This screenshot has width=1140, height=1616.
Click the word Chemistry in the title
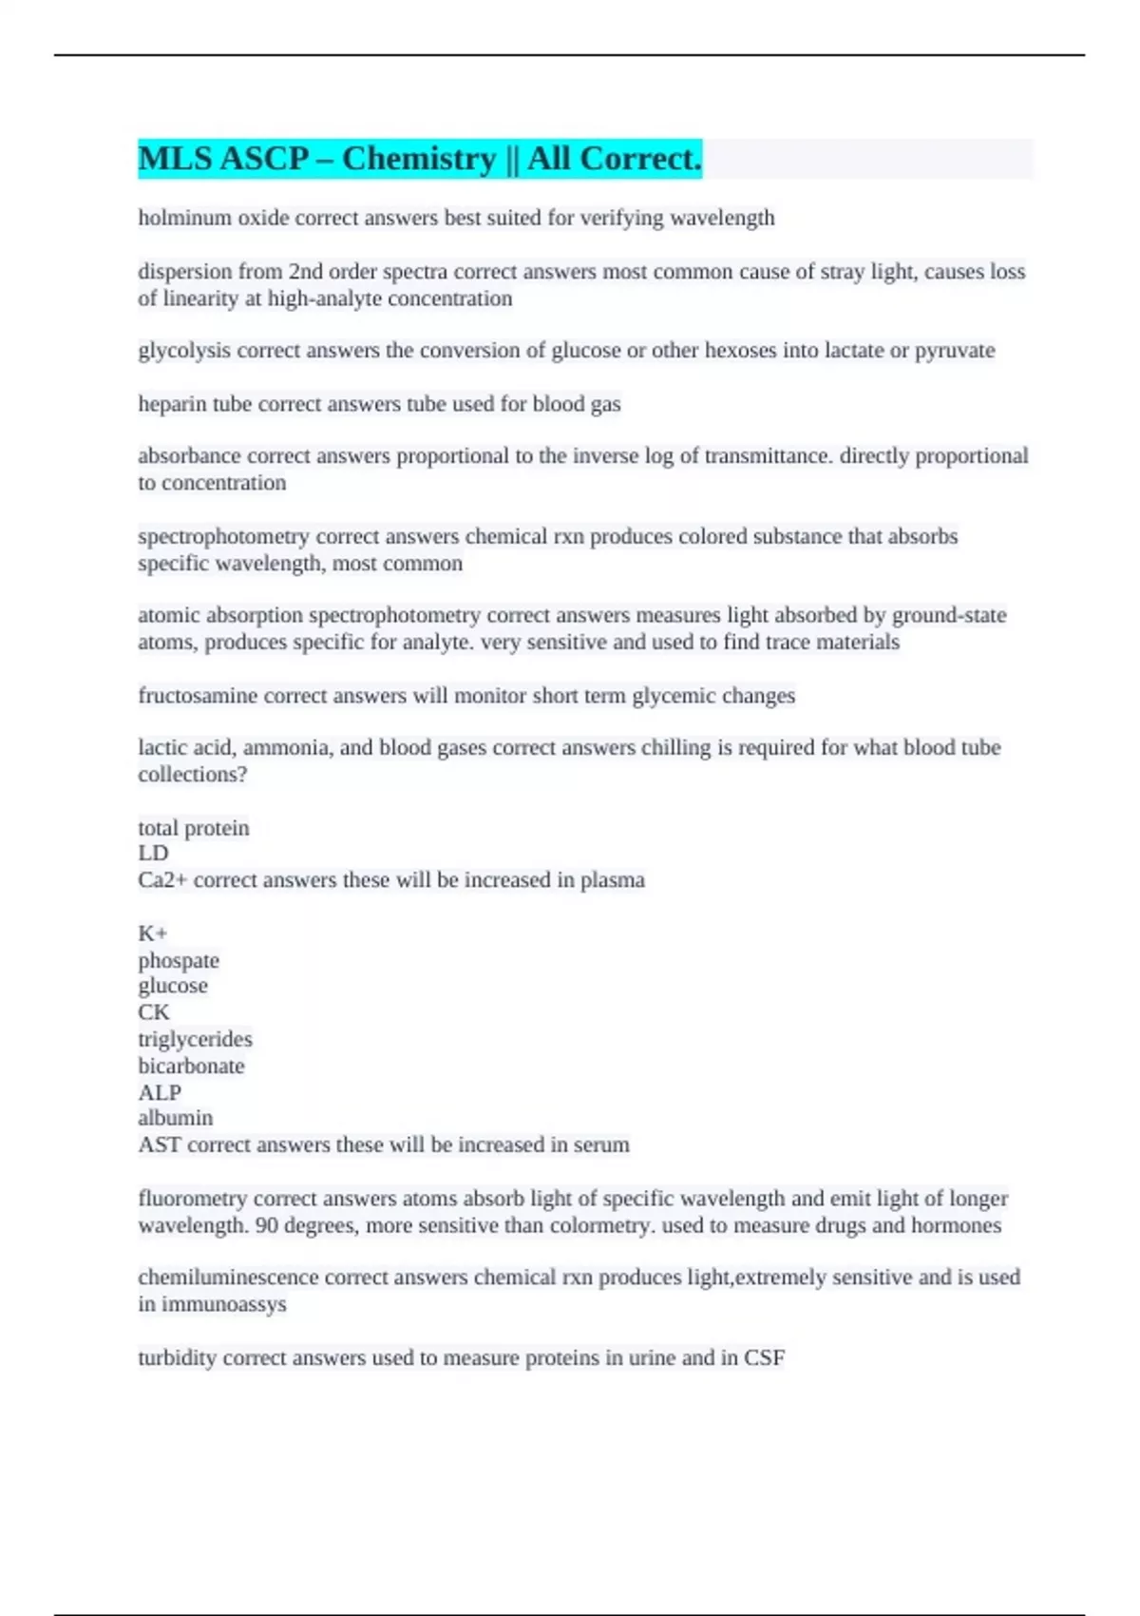coord(419,159)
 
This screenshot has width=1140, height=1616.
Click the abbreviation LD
coord(153,854)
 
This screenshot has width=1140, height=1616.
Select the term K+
coord(152,933)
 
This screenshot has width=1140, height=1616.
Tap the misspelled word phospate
coord(179,961)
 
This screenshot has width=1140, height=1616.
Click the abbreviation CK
coord(154,1012)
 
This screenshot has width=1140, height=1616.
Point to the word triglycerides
coord(195,1039)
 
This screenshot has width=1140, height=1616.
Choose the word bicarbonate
coord(191,1067)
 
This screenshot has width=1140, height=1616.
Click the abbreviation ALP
coord(160,1093)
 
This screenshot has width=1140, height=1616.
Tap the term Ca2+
coord(162,880)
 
